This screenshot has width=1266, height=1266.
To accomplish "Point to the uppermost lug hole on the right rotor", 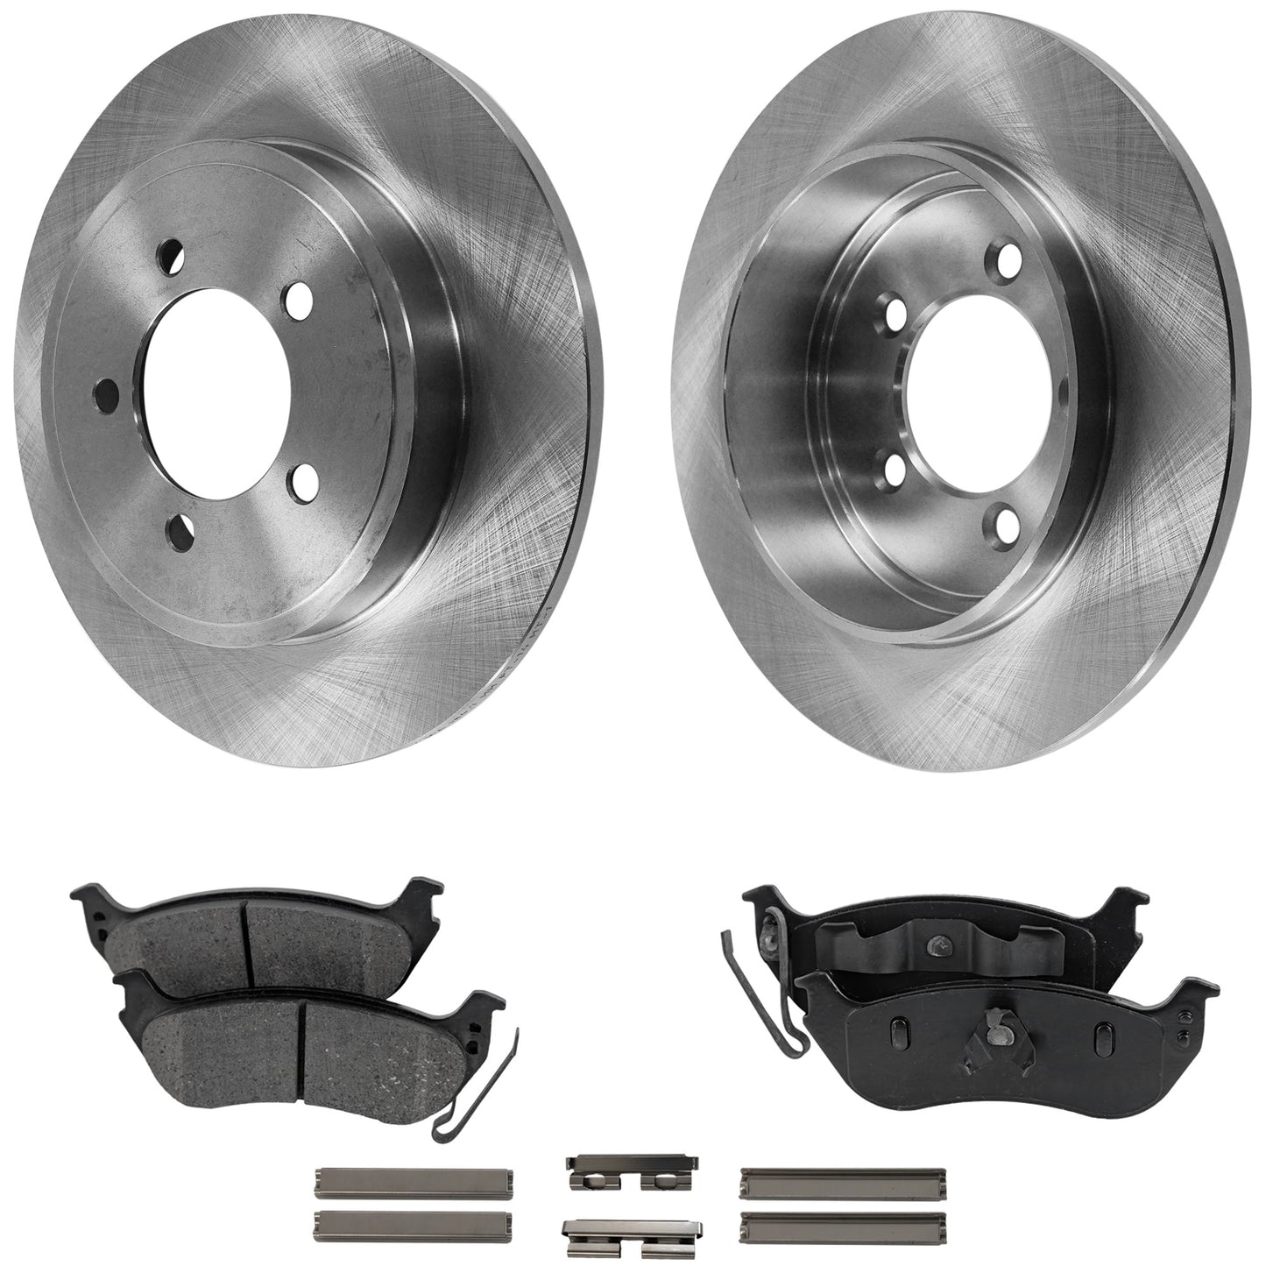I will pyautogui.click(x=1009, y=258).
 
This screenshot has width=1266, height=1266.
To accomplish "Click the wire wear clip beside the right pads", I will pyautogui.click(x=751, y=999).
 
